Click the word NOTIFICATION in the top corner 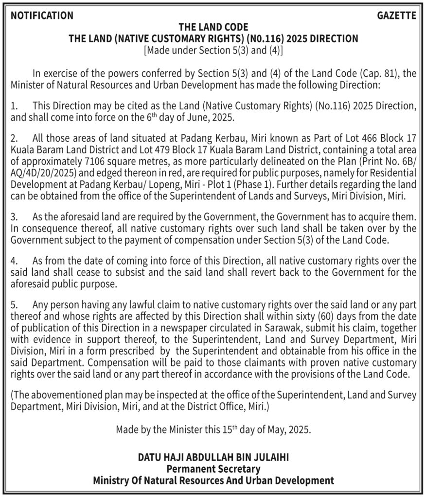pos(42,16)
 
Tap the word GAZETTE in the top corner pos(397,16)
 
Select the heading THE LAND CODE pos(213,27)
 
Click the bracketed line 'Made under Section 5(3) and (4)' pos(213,50)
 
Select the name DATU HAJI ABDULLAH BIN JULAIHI pos(213,457)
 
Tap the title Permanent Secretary pos(213,469)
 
